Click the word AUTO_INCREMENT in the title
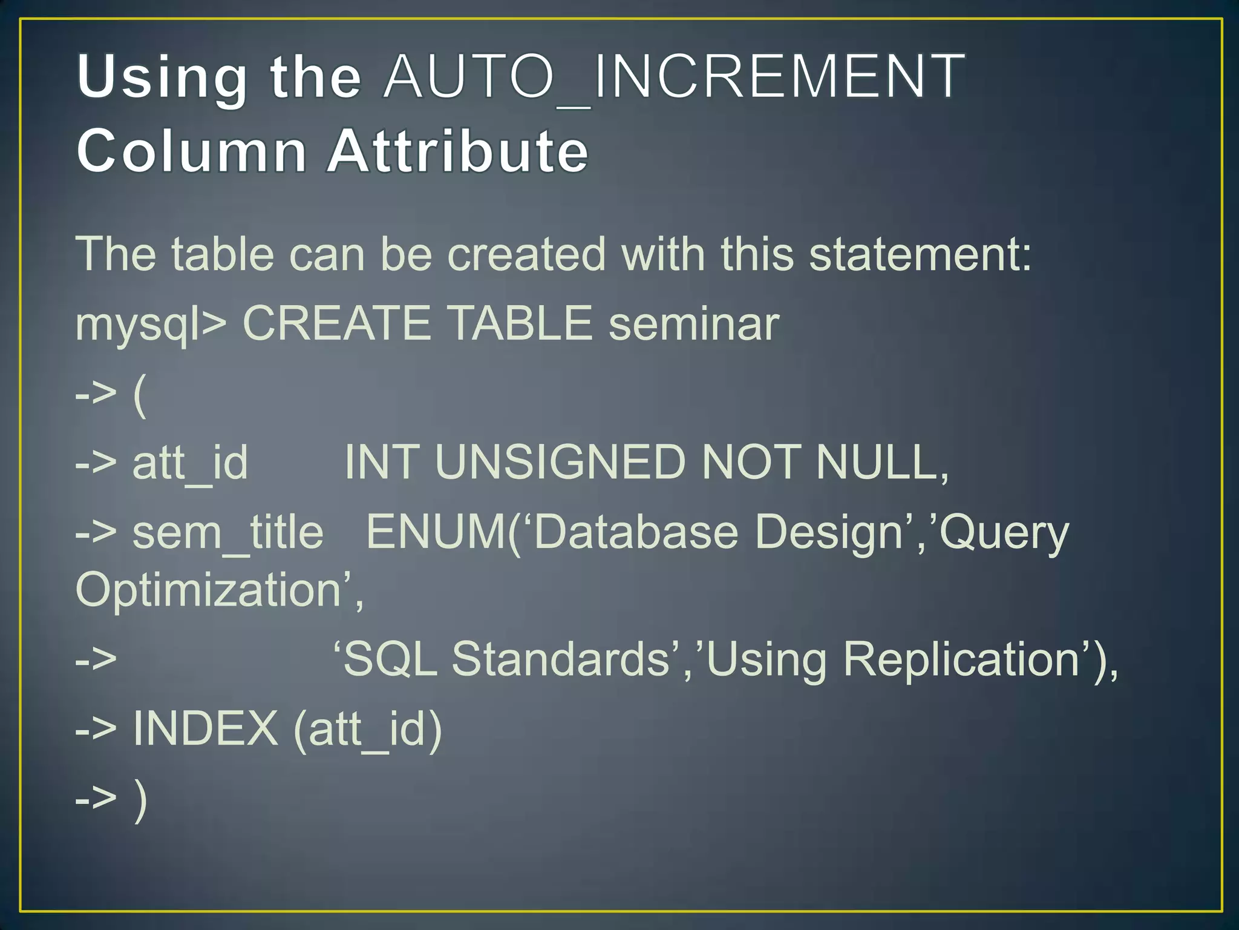point(674,77)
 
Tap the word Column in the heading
point(192,151)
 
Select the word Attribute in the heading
point(458,151)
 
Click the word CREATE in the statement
point(336,323)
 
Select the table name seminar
point(694,325)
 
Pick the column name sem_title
point(228,533)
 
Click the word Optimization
point(209,591)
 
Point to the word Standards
point(560,659)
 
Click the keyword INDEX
point(206,728)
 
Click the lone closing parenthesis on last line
point(140,800)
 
